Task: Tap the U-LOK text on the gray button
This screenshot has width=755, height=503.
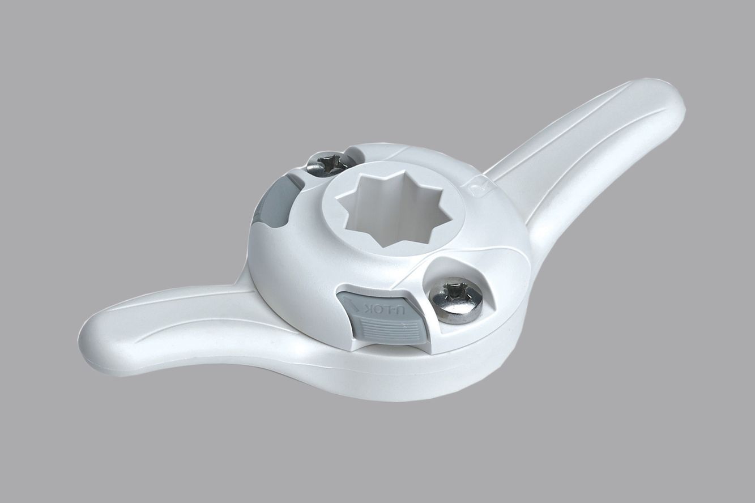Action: coord(382,311)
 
